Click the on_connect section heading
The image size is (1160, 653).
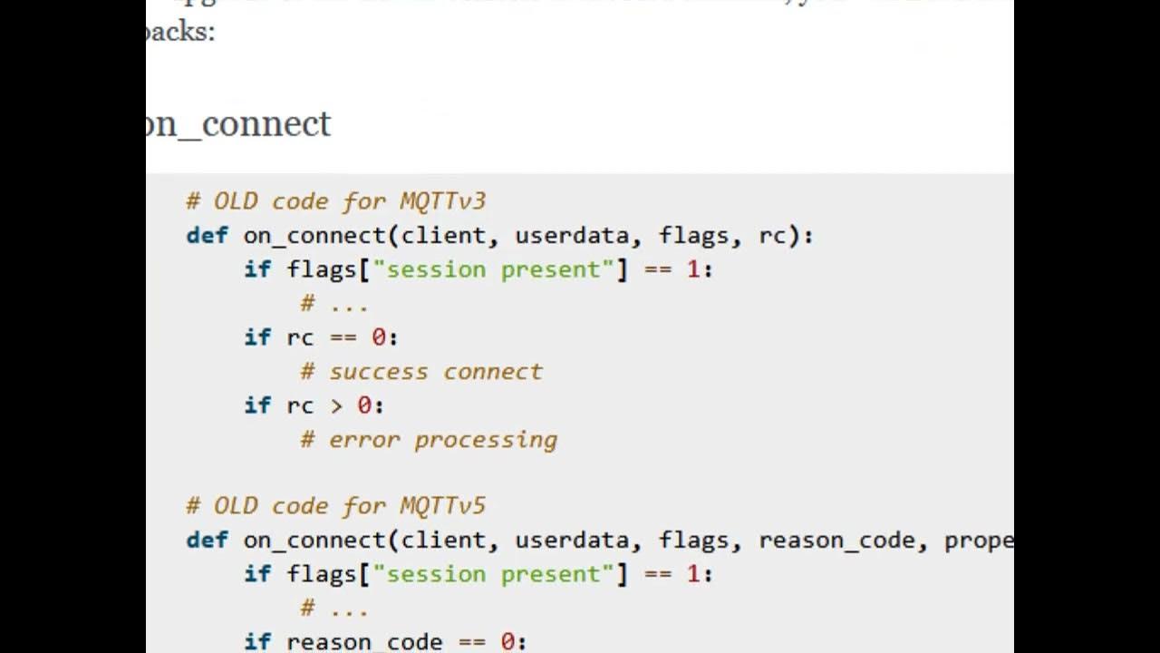pos(239,123)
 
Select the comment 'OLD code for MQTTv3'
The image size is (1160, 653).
pos(336,200)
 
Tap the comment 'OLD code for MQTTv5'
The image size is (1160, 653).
pos(336,505)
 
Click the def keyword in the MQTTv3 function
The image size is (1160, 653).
pos(207,236)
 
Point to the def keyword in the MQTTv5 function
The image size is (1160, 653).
pos(207,541)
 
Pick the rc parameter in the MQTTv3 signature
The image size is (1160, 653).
pos(772,236)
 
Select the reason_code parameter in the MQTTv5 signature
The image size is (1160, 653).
pos(836,541)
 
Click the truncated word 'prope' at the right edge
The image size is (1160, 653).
pos(978,541)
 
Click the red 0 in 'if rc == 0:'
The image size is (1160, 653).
pos(379,337)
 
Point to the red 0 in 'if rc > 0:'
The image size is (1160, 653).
pos(364,405)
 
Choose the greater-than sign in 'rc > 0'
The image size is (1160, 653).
pos(336,405)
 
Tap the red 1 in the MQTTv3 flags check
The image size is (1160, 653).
pos(693,269)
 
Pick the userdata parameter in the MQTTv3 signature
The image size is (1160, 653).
pos(572,236)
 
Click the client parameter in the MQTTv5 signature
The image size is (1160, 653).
pos(443,541)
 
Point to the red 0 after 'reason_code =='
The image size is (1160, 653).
pos(507,642)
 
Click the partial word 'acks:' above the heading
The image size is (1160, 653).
pos(181,32)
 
